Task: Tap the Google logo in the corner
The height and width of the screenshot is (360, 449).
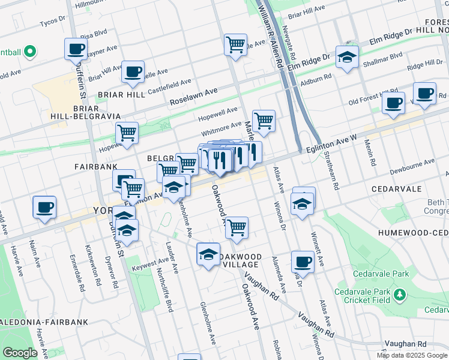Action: [x=20, y=353]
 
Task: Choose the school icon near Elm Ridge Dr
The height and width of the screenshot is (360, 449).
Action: [x=347, y=58]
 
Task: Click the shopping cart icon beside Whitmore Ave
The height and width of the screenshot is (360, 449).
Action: [x=264, y=121]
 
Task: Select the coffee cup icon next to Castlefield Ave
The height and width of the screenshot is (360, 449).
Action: [x=133, y=71]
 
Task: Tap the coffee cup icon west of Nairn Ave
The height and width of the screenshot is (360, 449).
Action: [x=44, y=206]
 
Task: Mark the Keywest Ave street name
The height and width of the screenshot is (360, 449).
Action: [x=151, y=262]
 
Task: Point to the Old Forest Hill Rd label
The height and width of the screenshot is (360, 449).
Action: [x=366, y=98]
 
